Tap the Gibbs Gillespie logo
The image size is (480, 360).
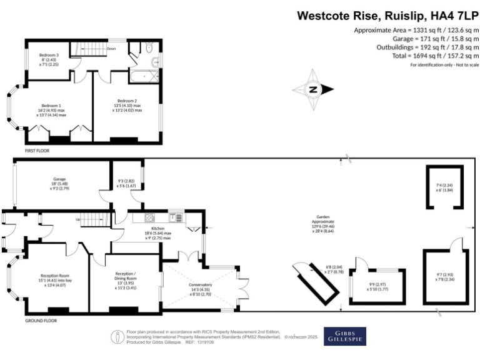[345, 336]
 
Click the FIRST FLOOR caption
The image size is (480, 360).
[37, 151]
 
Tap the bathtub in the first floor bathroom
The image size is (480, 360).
[144, 75]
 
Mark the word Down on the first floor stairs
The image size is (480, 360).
[111, 48]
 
